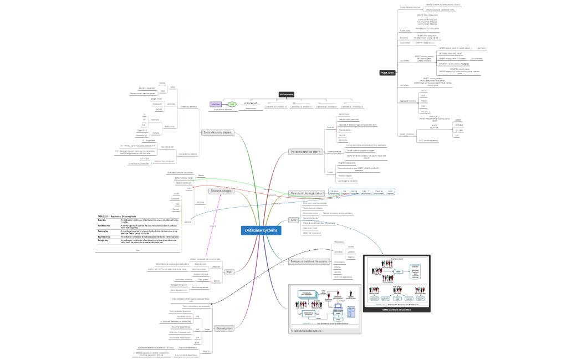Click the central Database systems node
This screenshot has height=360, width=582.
click(x=261, y=230)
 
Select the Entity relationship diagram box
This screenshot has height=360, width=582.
click(x=218, y=132)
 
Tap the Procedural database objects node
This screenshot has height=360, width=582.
click(x=305, y=152)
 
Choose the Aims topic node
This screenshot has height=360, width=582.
click(x=293, y=220)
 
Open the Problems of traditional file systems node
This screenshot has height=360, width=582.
click(x=309, y=261)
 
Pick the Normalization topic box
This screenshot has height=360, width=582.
click(x=223, y=328)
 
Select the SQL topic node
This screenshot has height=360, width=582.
click(x=229, y=272)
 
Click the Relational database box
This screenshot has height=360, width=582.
click(x=221, y=191)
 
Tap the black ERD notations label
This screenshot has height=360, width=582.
click(x=286, y=95)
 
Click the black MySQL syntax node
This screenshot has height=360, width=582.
click(x=387, y=73)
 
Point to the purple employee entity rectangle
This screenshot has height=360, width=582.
click(x=216, y=104)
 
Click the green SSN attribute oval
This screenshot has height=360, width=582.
click(x=232, y=104)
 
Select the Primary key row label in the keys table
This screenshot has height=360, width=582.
click(x=104, y=231)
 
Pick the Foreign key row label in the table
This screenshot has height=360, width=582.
click(x=104, y=241)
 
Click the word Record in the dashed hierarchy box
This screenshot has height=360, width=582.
click(x=354, y=191)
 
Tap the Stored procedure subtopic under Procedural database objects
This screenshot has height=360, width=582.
click(x=334, y=151)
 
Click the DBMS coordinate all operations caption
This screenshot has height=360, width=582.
click(x=396, y=310)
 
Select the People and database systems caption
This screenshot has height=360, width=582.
click(x=306, y=331)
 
